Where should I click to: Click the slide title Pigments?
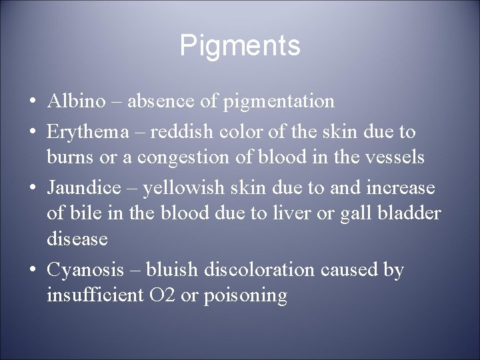click(240, 46)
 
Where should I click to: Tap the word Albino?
click(76, 101)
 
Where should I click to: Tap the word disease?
click(76, 238)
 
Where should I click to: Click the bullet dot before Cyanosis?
click(31, 270)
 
